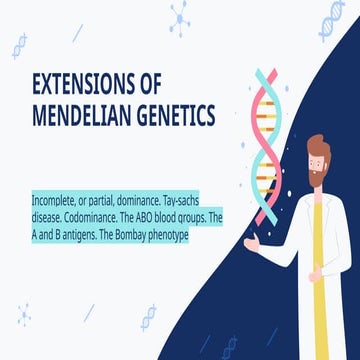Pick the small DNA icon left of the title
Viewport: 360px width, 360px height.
pyautogui.click(x=19, y=45)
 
